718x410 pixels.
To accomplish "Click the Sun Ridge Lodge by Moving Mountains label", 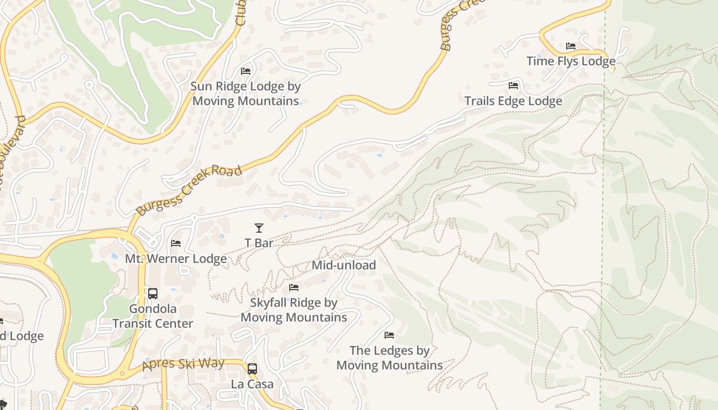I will pyautogui.click(x=245, y=94).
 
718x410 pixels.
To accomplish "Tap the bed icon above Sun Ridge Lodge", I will pyautogui.click(x=246, y=71).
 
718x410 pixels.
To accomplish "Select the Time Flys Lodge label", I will pyautogui.click(x=571, y=61).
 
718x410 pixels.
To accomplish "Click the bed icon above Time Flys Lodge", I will pyautogui.click(x=571, y=46).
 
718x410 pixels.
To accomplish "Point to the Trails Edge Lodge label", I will pyautogui.click(x=513, y=101).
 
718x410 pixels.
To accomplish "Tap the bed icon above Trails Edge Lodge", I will pyautogui.click(x=513, y=86).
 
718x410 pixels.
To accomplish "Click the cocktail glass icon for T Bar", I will pyautogui.click(x=259, y=228).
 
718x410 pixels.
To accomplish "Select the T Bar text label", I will pyautogui.click(x=259, y=243).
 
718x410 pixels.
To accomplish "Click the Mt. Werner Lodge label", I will pyautogui.click(x=176, y=259).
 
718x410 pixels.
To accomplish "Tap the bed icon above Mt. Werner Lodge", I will pyautogui.click(x=176, y=243).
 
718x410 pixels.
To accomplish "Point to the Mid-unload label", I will pyautogui.click(x=344, y=265).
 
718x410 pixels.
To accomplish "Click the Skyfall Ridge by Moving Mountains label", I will pyautogui.click(x=294, y=310).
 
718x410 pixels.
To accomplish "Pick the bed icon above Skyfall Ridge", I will pyautogui.click(x=294, y=288).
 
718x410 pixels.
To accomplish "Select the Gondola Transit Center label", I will pyautogui.click(x=153, y=316).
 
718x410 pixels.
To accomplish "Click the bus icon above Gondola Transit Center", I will pyautogui.click(x=153, y=294).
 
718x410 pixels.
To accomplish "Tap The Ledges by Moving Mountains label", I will pyautogui.click(x=389, y=358).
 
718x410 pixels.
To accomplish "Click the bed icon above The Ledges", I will pyautogui.click(x=389, y=335).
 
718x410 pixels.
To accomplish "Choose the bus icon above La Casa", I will pyautogui.click(x=252, y=368).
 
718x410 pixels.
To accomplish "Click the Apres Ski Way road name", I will pyautogui.click(x=184, y=364).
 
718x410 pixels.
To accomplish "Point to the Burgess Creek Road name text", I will pyautogui.click(x=189, y=190).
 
